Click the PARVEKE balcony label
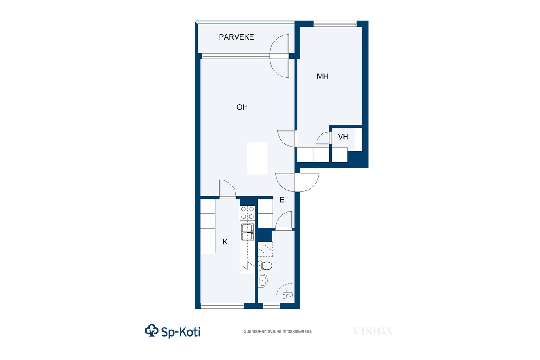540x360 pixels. tap(236, 37)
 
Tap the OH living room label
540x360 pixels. tap(242, 107)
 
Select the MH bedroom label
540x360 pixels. tap(322, 76)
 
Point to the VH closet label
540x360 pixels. tap(343, 137)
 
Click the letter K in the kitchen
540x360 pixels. tap(225, 242)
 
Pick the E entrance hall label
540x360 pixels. tap(282, 200)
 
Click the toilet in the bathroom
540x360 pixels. tap(265, 265)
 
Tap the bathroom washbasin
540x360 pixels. tap(263, 280)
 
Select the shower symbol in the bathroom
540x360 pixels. tap(287, 294)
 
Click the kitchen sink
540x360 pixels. tap(247, 232)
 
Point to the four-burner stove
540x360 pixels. tap(247, 212)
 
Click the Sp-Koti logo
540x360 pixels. tap(172, 331)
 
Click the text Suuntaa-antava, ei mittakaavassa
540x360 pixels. tap(277, 331)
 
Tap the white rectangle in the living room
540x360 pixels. tap(257, 158)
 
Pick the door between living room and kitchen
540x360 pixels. tap(227, 189)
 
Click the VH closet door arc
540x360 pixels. tap(322, 137)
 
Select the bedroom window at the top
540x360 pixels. tap(335, 24)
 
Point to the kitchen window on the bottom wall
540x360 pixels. tap(222, 306)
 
